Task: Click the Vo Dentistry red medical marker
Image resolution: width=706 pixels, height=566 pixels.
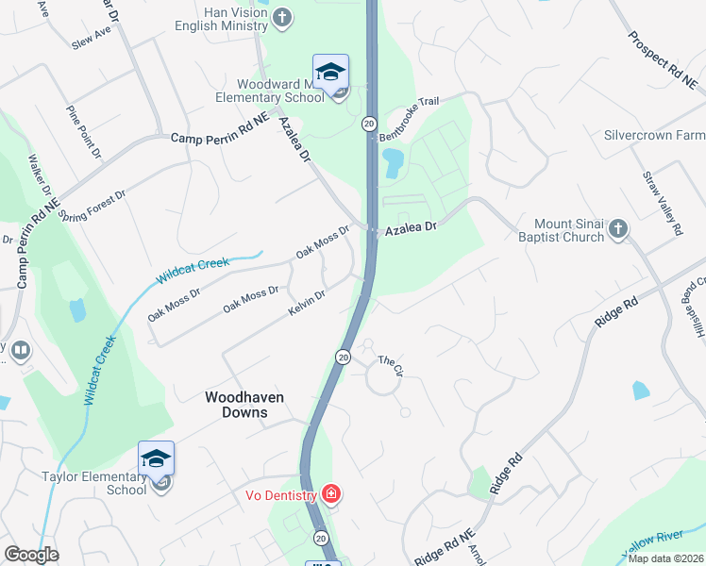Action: (330, 492)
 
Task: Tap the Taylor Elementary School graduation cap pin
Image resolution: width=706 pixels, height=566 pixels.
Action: (156, 459)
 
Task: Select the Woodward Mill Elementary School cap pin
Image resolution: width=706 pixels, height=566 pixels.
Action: (330, 73)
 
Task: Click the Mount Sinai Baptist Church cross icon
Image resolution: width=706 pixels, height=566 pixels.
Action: (617, 229)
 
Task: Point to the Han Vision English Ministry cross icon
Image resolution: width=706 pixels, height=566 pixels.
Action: (283, 17)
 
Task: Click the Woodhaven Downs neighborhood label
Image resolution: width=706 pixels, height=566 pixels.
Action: (244, 405)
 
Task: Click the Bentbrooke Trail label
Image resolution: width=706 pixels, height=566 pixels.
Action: (410, 123)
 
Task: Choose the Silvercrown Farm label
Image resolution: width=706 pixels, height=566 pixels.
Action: (654, 136)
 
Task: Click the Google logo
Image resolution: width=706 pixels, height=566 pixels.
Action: (31, 555)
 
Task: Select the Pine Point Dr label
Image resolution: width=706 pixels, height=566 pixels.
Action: (84, 131)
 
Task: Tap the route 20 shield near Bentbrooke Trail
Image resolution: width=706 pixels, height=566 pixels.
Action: (369, 124)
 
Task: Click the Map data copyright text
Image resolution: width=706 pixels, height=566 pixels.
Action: (664, 558)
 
